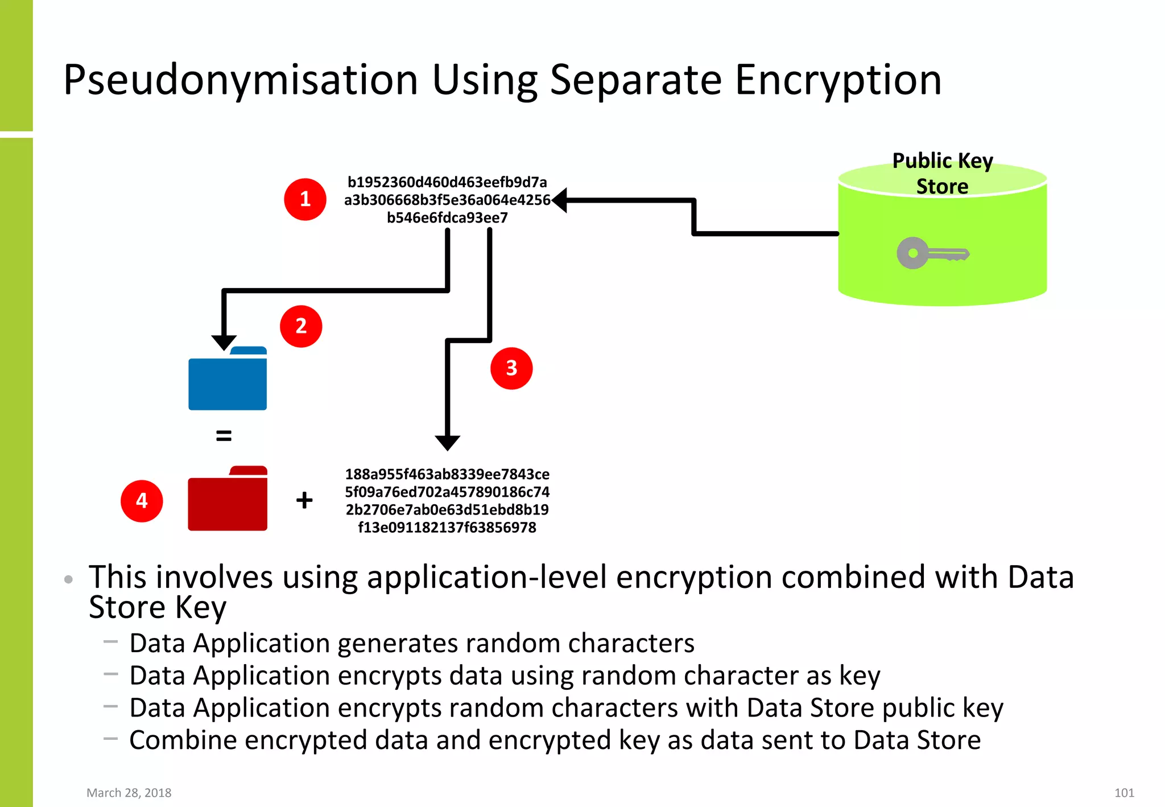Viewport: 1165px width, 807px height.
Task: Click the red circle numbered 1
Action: [305, 199]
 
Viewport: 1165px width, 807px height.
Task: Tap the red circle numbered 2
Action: [301, 326]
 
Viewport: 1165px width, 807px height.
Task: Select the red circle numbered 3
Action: [511, 368]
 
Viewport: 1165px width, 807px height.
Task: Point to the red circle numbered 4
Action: [142, 501]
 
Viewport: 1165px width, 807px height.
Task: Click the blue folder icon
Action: [228, 380]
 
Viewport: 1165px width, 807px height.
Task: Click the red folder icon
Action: [228, 500]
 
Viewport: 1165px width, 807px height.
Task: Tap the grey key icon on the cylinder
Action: [932, 253]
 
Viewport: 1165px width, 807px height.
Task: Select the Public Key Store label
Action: [942, 174]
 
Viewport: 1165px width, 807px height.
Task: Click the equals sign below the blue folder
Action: [224, 436]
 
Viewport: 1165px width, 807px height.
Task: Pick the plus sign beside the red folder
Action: [304, 500]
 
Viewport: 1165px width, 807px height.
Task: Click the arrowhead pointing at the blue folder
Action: [224, 342]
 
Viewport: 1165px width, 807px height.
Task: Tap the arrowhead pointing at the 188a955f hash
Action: [447, 443]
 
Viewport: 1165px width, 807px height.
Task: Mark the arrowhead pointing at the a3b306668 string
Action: [560, 200]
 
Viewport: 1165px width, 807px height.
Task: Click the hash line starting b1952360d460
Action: [447, 182]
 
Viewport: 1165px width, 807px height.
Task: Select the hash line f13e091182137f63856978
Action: [447, 528]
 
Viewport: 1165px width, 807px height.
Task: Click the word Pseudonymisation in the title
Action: [241, 80]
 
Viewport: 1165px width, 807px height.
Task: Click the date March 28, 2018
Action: [129, 793]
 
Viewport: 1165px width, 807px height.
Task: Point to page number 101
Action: [1124, 793]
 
